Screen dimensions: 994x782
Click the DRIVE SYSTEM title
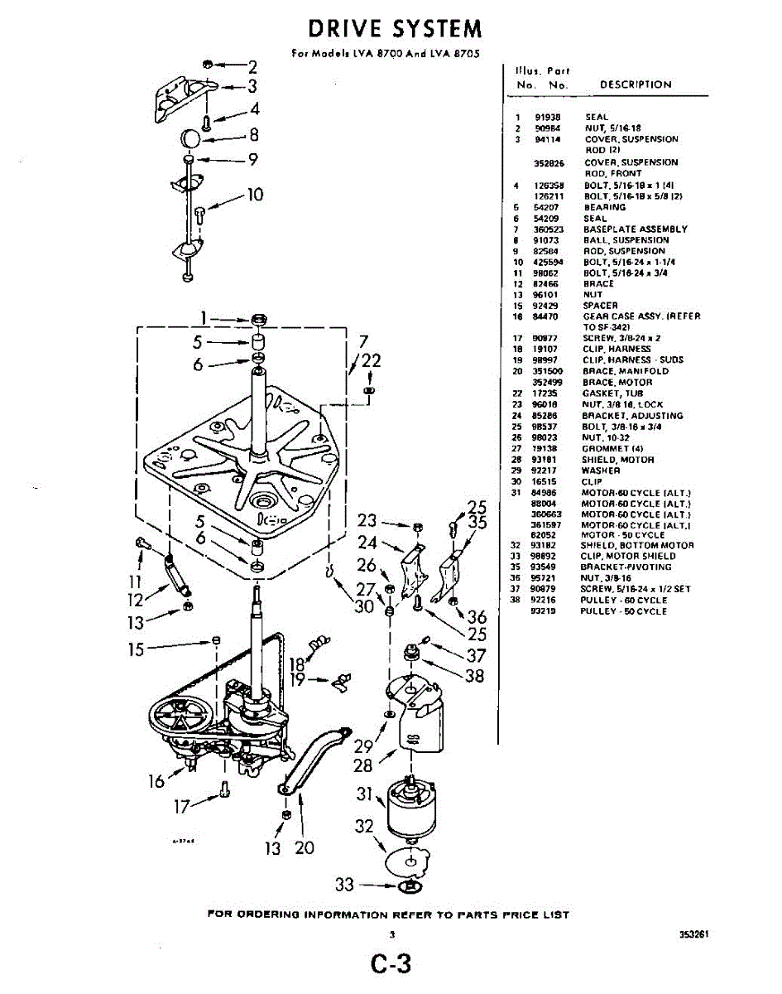395,29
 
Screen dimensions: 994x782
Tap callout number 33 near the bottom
344,885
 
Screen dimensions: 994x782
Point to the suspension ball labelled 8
192,137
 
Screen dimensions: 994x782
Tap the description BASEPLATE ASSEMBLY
635,229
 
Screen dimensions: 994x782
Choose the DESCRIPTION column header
636,84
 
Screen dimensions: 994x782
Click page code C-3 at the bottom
391,964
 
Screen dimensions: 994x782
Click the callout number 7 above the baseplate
362,341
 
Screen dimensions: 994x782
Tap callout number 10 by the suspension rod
255,195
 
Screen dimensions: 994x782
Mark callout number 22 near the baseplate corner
372,360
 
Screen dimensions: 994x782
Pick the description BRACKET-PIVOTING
627,567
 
